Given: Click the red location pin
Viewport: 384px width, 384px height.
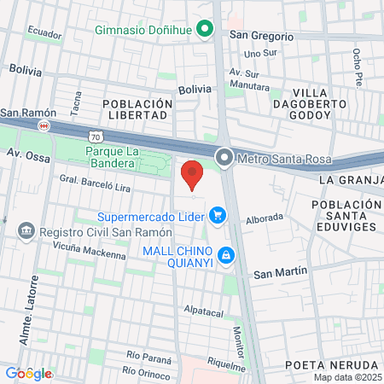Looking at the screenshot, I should click(192, 174).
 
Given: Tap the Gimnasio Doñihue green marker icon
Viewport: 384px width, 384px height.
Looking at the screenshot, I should click(205, 30).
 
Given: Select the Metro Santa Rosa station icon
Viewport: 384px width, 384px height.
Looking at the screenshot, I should click(224, 157).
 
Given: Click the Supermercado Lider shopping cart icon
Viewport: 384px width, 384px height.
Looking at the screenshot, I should click(218, 216).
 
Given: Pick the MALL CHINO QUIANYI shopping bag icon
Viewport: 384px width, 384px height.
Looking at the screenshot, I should click(226, 254).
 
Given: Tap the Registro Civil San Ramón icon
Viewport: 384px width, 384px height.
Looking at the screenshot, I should click(25, 231).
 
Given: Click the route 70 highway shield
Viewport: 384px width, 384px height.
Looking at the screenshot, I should click(95, 136).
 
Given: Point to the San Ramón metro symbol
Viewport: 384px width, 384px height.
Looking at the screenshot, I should click(44, 125).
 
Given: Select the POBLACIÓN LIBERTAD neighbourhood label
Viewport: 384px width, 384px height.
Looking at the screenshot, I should click(137, 109).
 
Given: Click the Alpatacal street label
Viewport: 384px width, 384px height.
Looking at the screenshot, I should click(204, 311).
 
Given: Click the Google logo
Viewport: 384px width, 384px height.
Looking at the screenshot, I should click(28, 373).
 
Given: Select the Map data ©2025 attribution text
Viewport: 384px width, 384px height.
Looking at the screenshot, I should click(346, 377).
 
